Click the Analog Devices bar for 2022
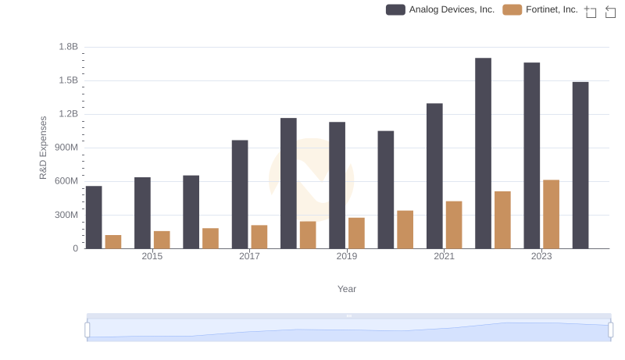[x=483, y=153]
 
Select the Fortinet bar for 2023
[x=552, y=214]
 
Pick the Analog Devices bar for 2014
[x=94, y=217]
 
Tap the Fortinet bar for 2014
[x=113, y=241]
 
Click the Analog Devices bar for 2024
[x=580, y=165]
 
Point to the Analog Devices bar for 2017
[x=240, y=194]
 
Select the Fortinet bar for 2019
[x=356, y=233]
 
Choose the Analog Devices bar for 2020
[x=386, y=190]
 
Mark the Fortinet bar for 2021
[x=454, y=225]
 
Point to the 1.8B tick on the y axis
[x=68, y=47]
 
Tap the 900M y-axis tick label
[x=65, y=148]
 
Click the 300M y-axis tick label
[x=65, y=215]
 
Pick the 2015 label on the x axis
[x=152, y=257]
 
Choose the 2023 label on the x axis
[x=541, y=257]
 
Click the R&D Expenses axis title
[x=44, y=148]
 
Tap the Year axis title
[x=347, y=289]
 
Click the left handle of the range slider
[x=87, y=330]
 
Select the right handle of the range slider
[x=610, y=330]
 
